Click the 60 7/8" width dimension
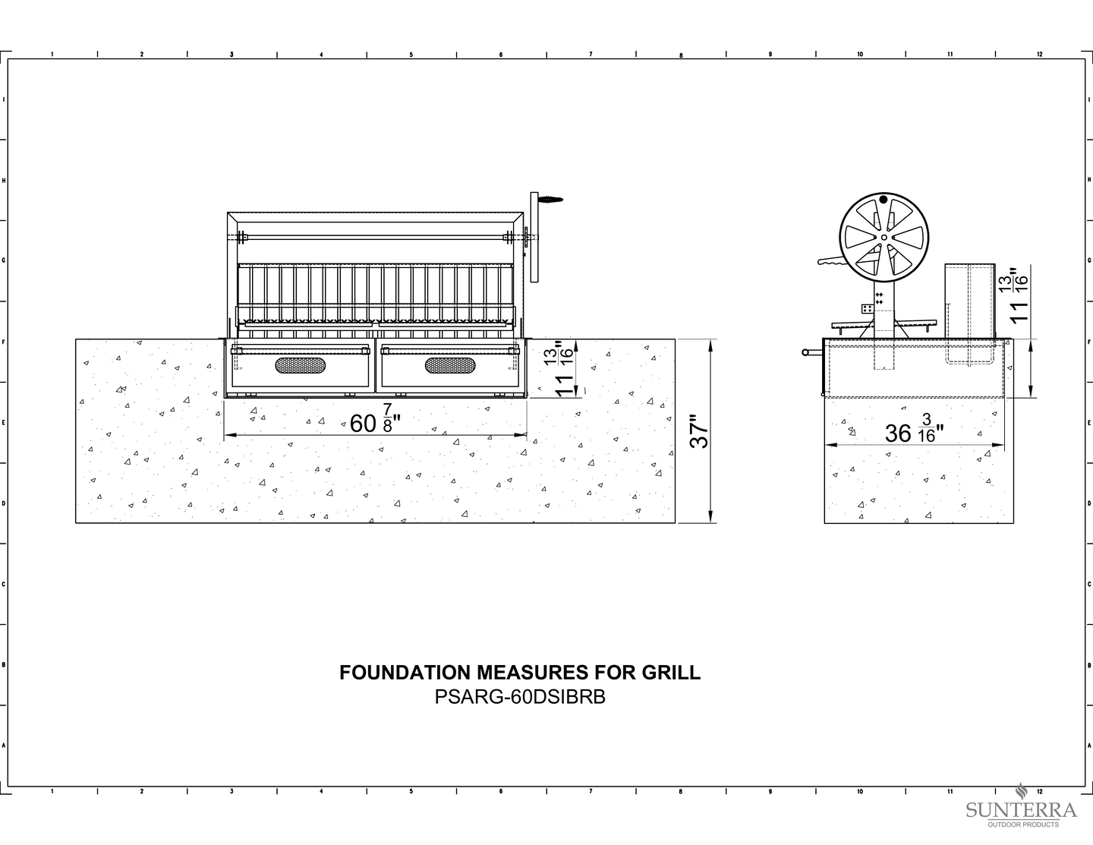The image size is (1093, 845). (375, 418)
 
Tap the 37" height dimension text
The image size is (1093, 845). (698, 431)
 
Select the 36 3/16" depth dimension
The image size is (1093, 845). (914, 429)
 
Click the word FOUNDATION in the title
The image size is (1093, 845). (404, 673)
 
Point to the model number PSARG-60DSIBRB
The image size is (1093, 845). (520, 697)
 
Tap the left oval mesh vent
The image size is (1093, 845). (301, 365)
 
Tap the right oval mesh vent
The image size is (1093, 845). (450, 365)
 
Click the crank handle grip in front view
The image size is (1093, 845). (551, 200)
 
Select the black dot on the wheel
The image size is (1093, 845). (884, 200)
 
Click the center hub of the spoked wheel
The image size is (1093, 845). (884, 238)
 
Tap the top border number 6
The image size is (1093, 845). (501, 55)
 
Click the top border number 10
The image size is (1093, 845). (860, 55)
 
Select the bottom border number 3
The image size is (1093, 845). (232, 791)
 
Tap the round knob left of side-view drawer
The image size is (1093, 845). (805, 352)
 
